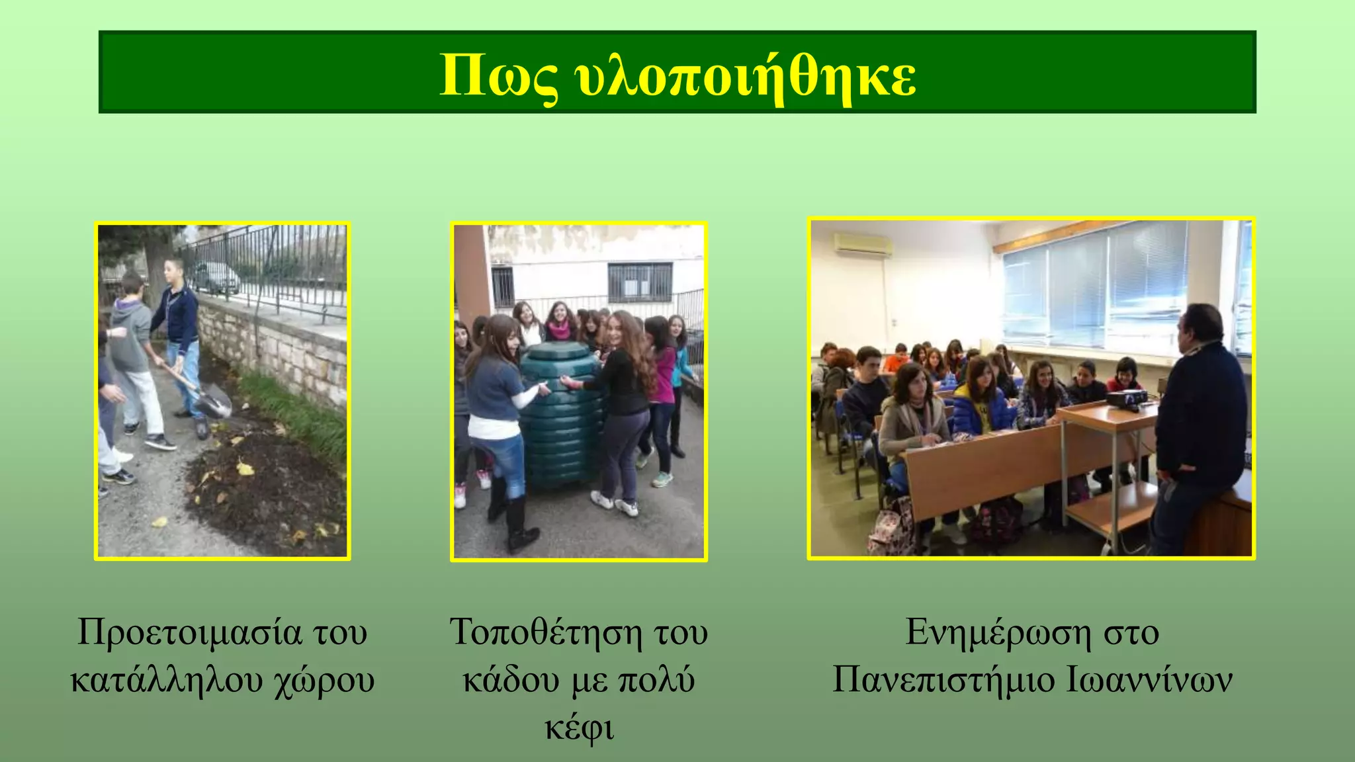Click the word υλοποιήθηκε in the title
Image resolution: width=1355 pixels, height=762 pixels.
click(746, 74)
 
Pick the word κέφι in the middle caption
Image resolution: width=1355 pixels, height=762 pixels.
click(579, 728)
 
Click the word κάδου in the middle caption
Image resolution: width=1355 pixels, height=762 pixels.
click(511, 680)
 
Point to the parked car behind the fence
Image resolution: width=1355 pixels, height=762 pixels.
click(215, 278)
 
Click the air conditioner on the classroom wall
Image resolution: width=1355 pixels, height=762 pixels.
click(863, 244)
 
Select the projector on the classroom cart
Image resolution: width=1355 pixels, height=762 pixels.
click(1127, 398)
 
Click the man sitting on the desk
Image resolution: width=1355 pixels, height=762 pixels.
click(1198, 423)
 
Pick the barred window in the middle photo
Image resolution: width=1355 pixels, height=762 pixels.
click(639, 282)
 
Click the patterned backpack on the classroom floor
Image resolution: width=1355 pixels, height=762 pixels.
click(892, 529)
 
